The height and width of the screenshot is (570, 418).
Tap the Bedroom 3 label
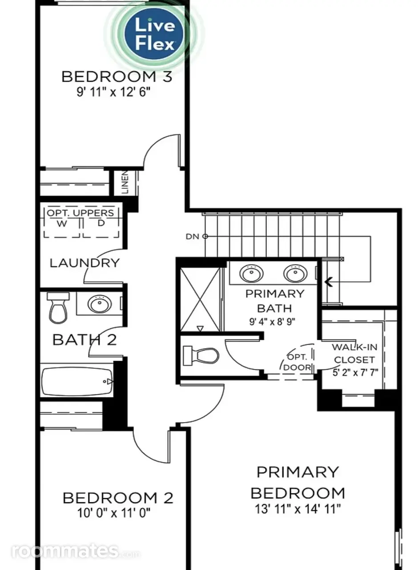(x=117, y=77)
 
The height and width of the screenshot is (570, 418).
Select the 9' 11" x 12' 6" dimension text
(x=113, y=92)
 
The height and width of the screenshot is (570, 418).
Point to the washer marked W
(x=62, y=224)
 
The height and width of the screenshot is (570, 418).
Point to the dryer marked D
(x=101, y=224)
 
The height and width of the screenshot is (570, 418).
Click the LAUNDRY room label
(x=84, y=263)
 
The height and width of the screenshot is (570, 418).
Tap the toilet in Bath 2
(x=58, y=308)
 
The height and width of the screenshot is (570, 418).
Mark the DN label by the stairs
(x=193, y=236)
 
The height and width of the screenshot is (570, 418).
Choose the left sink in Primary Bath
(x=251, y=273)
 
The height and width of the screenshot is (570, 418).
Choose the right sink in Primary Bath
(x=295, y=273)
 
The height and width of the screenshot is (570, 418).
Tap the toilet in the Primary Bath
(x=201, y=355)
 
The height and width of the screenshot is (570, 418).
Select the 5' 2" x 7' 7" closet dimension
(x=355, y=373)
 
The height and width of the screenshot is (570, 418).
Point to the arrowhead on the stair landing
(x=329, y=282)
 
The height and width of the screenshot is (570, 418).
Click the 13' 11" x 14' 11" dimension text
(x=297, y=509)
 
